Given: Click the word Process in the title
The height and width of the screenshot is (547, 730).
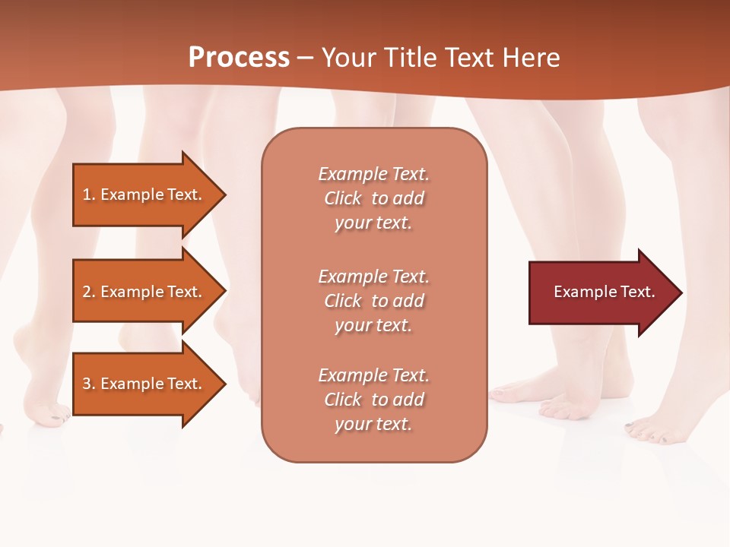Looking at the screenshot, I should pos(239,57).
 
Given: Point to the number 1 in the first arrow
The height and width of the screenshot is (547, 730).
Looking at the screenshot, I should pos(87,194).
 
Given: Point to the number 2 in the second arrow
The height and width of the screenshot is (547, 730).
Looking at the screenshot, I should pos(87,292).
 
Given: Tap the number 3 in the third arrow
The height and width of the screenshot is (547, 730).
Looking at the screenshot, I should pos(87,384).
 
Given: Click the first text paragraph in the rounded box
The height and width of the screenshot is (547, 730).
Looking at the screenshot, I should pos(373,198).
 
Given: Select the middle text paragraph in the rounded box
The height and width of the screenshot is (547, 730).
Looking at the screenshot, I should pos(373,301).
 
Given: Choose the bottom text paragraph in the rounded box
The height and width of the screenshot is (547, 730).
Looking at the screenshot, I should pos(373,400).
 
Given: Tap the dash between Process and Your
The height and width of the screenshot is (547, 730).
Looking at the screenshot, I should pos(305,58).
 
